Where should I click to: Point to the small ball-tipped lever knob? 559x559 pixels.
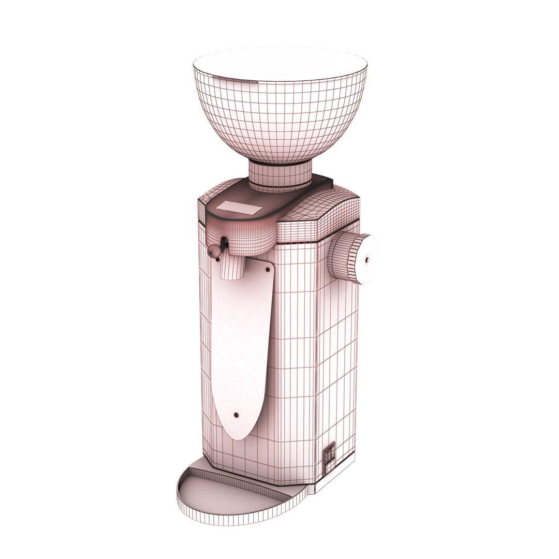tap(213, 251)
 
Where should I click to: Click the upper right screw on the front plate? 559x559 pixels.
tap(267, 269)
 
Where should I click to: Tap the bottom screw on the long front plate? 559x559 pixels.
tap(236, 415)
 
